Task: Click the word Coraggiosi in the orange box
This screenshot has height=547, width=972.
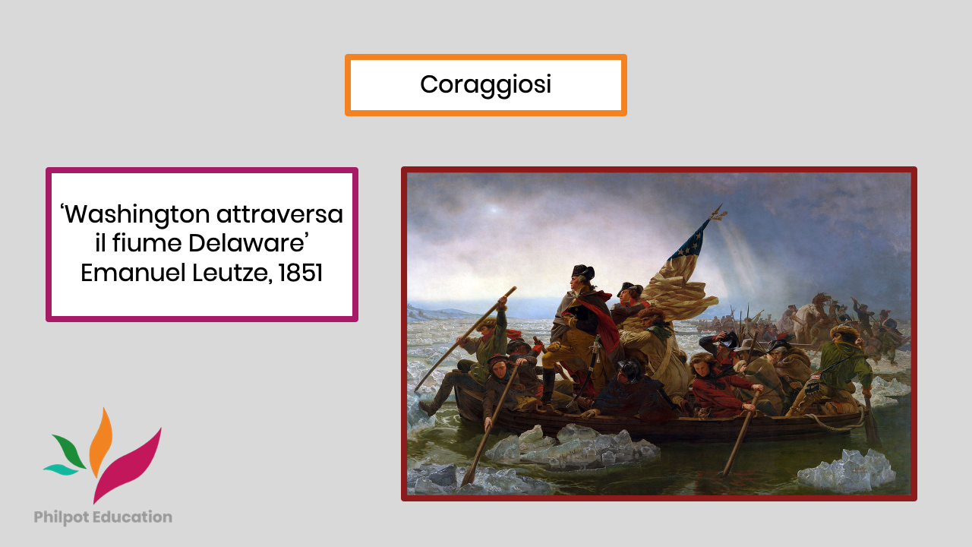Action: (x=485, y=84)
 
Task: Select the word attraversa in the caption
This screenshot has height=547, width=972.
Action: (x=280, y=214)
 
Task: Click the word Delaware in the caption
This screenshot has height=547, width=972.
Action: (x=246, y=242)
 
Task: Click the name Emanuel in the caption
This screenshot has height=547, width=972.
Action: (x=133, y=273)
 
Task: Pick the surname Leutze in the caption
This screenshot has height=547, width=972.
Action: (x=232, y=273)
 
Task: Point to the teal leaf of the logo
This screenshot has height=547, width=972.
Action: (x=61, y=470)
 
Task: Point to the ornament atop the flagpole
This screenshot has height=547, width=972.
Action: (x=718, y=212)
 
